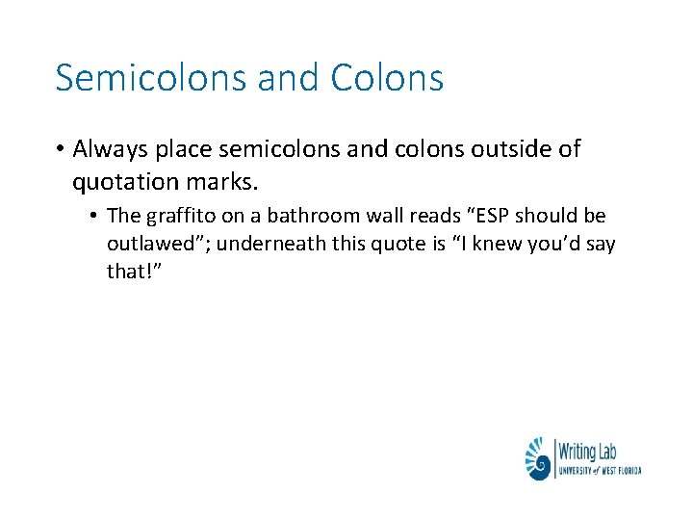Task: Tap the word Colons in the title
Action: [x=386, y=78]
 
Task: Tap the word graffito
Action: [x=179, y=216]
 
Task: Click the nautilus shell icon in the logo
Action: [x=538, y=458]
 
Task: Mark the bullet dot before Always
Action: [x=60, y=150]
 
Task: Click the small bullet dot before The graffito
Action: [x=97, y=216]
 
